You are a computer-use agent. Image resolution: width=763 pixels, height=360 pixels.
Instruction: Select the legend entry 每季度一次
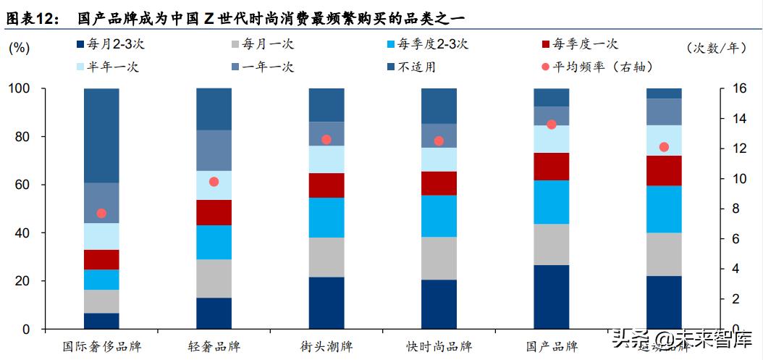(x=586, y=44)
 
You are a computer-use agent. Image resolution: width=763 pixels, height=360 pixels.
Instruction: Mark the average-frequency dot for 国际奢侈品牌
(x=101, y=213)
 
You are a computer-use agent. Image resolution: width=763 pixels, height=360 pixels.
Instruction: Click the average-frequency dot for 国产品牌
(x=552, y=125)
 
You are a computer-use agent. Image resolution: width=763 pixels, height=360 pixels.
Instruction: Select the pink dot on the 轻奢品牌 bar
(x=214, y=182)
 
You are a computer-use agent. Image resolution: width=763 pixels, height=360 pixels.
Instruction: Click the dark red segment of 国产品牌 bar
(x=552, y=166)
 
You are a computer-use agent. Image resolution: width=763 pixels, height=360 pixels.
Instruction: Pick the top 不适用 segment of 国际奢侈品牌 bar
(x=101, y=135)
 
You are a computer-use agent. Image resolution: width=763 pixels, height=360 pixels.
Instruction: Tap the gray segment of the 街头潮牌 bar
(x=326, y=257)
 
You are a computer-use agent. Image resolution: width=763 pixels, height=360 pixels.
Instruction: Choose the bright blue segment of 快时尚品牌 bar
(x=439, y=216)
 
